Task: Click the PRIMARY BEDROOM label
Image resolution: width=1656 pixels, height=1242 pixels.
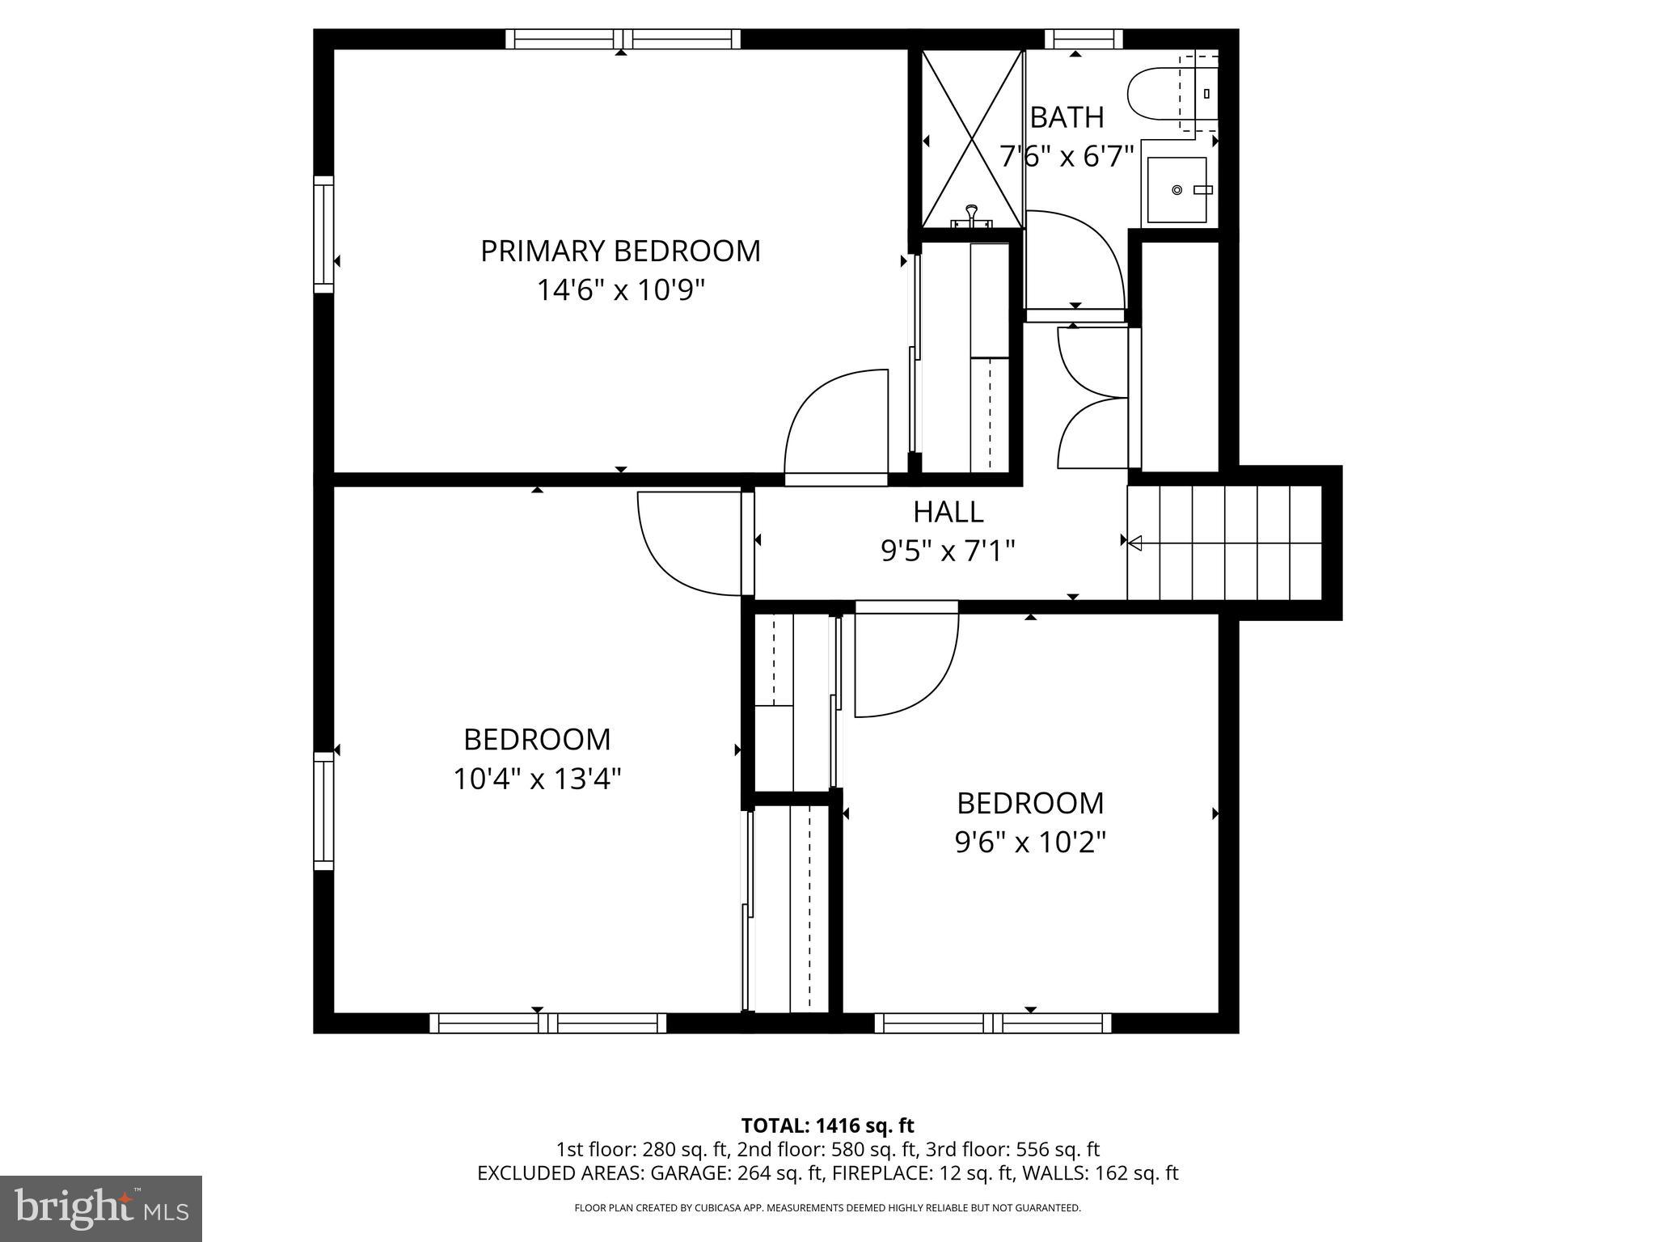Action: click(x=620, y=251)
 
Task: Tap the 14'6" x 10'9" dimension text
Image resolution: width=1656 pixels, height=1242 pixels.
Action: click(x=620, y=290)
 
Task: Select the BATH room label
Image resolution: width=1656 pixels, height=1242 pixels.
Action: click(x=1067, y=118)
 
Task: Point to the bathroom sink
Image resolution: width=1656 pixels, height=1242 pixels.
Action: click(x=1177, y=190)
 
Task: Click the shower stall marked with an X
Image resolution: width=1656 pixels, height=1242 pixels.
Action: click(x=974, y=139)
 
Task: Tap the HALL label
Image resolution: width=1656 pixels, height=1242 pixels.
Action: click(x=948, y=512)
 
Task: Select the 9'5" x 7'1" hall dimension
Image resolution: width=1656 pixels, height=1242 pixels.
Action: click(x=948, y=551)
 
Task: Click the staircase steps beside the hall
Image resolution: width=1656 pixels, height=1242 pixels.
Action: click(x=1224, y=543)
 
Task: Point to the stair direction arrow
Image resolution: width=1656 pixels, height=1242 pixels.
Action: click(x=1134, y=543)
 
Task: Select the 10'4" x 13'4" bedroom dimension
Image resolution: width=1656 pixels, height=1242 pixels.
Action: click(x=537, y=779)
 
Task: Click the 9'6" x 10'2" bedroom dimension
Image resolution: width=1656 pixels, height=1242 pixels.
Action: click(x=1030, y=843)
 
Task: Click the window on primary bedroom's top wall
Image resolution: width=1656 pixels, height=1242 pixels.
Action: click(x=623, y=39)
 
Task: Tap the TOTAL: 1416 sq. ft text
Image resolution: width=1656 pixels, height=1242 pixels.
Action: click(x=827, y=1126)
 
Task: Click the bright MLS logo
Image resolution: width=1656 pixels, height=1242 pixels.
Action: click(x=101, y=1208)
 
